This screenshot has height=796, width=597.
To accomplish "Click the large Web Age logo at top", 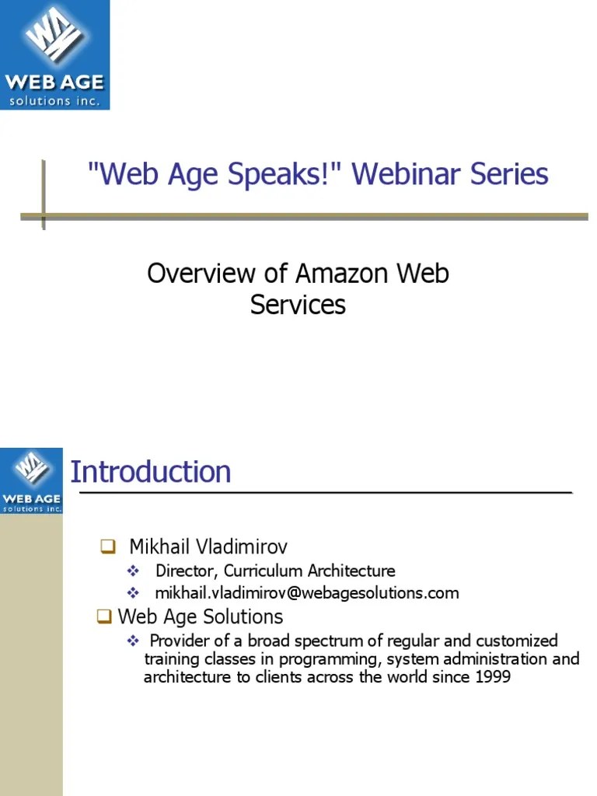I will coord(54,54).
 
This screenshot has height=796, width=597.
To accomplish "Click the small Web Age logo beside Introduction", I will coord(31,480).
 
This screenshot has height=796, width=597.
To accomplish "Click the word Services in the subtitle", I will coord(298,305).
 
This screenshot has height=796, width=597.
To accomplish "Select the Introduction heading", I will coord(151,472).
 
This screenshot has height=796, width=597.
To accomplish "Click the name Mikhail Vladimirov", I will coord(208,546).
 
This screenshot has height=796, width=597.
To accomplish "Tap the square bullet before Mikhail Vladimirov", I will coord(108,546).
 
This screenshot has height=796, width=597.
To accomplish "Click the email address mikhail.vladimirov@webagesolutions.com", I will coord(307,593).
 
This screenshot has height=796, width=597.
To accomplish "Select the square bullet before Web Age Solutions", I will coord(104,617).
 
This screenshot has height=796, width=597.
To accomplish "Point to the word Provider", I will coord(181,641).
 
